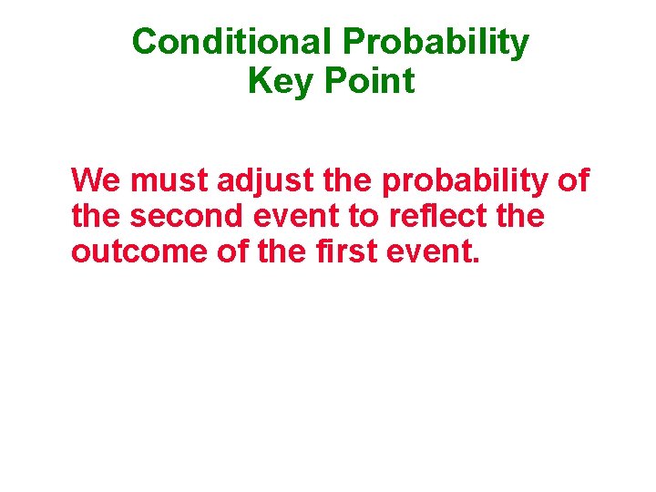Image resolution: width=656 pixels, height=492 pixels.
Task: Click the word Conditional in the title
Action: [232, 42]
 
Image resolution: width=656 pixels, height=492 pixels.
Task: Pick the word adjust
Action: [266, 182]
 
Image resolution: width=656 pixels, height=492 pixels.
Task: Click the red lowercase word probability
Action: [465, 182]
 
